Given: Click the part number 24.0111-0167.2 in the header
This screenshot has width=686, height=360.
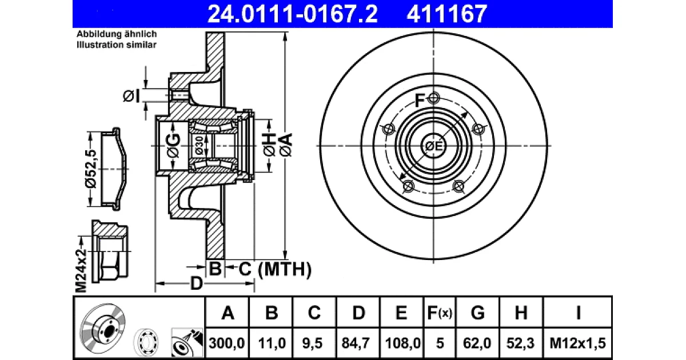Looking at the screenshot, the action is [x=293, y=14].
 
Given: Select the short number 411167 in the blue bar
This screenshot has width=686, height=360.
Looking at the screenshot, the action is [x=447, y=14].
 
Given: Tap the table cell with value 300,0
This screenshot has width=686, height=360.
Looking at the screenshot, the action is [x=227, y=343].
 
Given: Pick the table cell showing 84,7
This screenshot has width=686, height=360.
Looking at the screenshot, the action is [x=357, y=343].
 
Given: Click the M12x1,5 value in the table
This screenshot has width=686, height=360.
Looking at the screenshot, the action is [x=577, y=343].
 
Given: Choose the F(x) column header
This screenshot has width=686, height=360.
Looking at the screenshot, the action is [x=440, y=313].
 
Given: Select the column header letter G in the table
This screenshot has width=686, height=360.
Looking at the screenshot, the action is [x=477, y=313].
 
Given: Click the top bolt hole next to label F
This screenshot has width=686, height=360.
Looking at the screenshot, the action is [x=433, y=98].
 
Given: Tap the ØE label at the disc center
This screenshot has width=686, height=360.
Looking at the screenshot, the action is [x=434, y=146].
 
